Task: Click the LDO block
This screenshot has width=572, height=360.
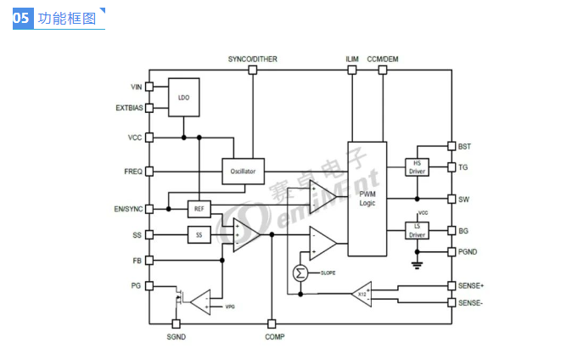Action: coord(184,98)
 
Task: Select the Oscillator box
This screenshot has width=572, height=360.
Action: coord(243,171)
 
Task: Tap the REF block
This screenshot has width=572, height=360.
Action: coord(199,208)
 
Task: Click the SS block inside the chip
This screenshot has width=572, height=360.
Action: coord(199,235)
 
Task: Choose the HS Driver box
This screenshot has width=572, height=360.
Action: coord(417,167)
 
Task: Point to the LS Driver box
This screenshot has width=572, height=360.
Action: coord(417,230)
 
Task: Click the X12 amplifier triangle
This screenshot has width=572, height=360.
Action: coord(362,293)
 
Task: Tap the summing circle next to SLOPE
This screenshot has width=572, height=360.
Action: coord(300,273)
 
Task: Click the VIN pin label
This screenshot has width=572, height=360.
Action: coord(135,87)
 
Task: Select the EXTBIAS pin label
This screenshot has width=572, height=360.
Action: coord(128,108)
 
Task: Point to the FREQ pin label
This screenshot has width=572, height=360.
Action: coord(132,172)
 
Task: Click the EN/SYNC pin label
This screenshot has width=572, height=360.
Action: coord(129,209)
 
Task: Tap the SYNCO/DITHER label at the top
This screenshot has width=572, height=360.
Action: coord(252,59)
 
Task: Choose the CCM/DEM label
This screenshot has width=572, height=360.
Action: coord(383,59)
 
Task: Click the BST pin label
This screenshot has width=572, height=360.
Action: coord(464,146)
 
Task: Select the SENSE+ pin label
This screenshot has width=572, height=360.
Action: coord(471,286)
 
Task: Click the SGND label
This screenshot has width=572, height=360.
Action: coord(176,337)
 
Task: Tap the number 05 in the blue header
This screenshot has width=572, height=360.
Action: coord(22,19)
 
